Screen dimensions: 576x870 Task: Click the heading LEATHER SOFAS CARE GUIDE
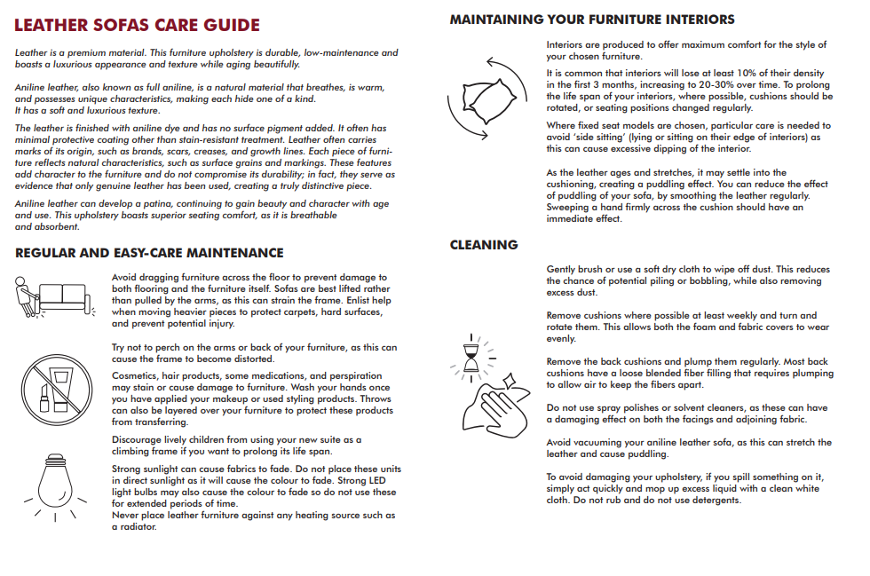pos(138,25)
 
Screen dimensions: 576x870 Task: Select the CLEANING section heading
pos(484,244)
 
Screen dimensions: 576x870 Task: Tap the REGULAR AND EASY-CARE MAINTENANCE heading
pos(149,253)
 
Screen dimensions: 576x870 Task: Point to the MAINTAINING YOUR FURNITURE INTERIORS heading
pos(592,19)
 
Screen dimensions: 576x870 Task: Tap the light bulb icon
pos(51,485)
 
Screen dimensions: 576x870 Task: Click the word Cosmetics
pos(137,376)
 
